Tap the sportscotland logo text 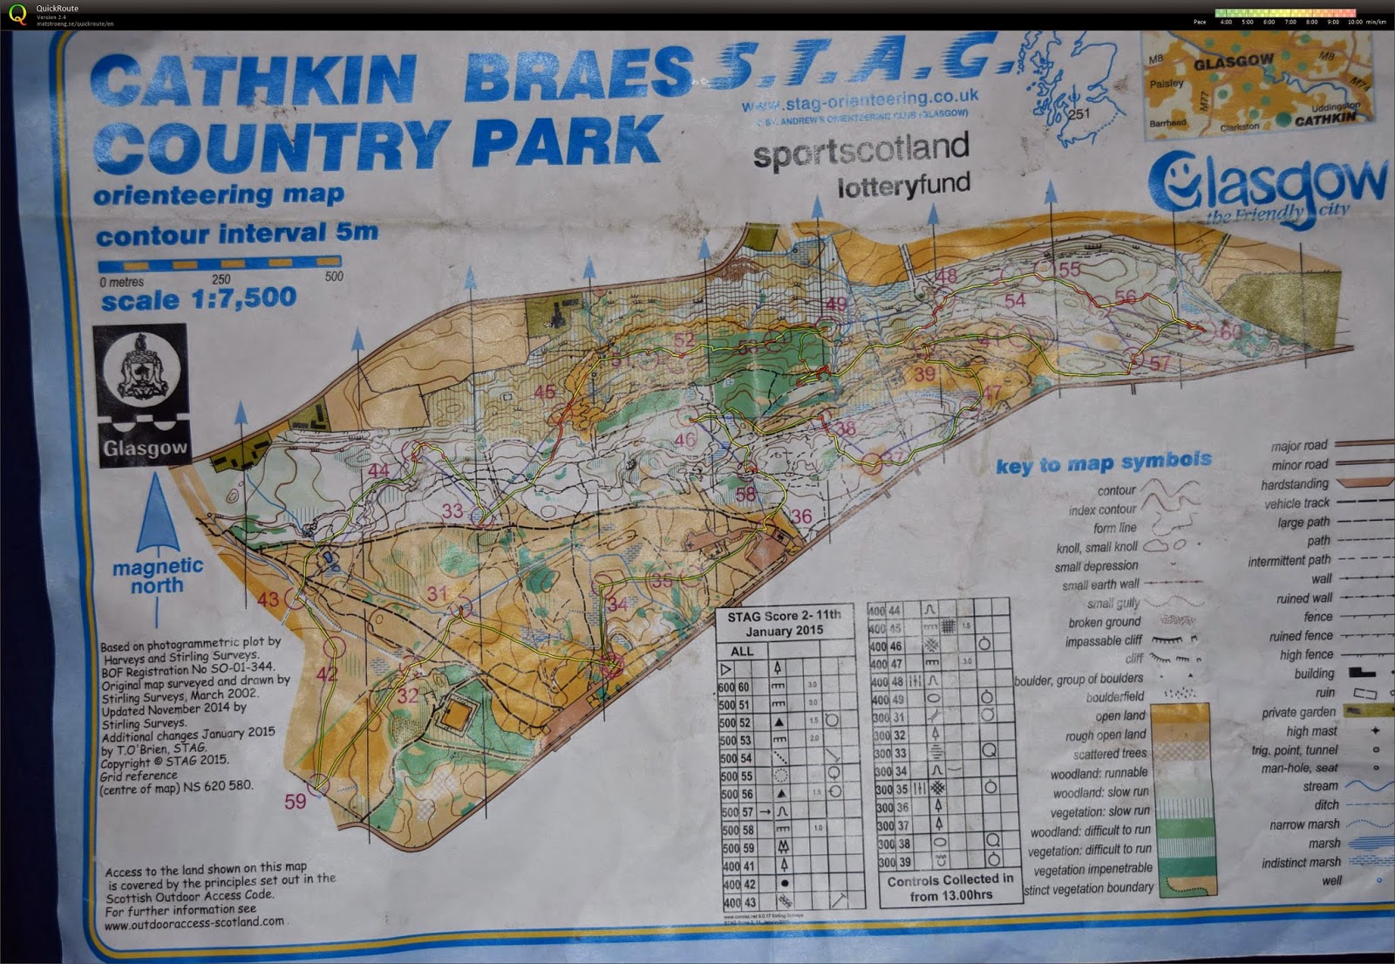point(861,151)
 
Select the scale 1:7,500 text point(199,300)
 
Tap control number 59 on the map point(296,801)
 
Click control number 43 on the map point(268,599)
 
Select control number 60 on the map point(1230,332)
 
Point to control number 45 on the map point(545,393)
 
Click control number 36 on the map point(801,516)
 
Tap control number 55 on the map point(1069,270)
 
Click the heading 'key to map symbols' point(1103,462)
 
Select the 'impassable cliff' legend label point(1104,641)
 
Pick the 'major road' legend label point(1299,446)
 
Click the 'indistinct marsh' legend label point(1301,863)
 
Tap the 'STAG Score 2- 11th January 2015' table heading point(784,623)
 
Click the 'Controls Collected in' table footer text point(950,880)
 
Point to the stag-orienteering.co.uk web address point(860,102)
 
